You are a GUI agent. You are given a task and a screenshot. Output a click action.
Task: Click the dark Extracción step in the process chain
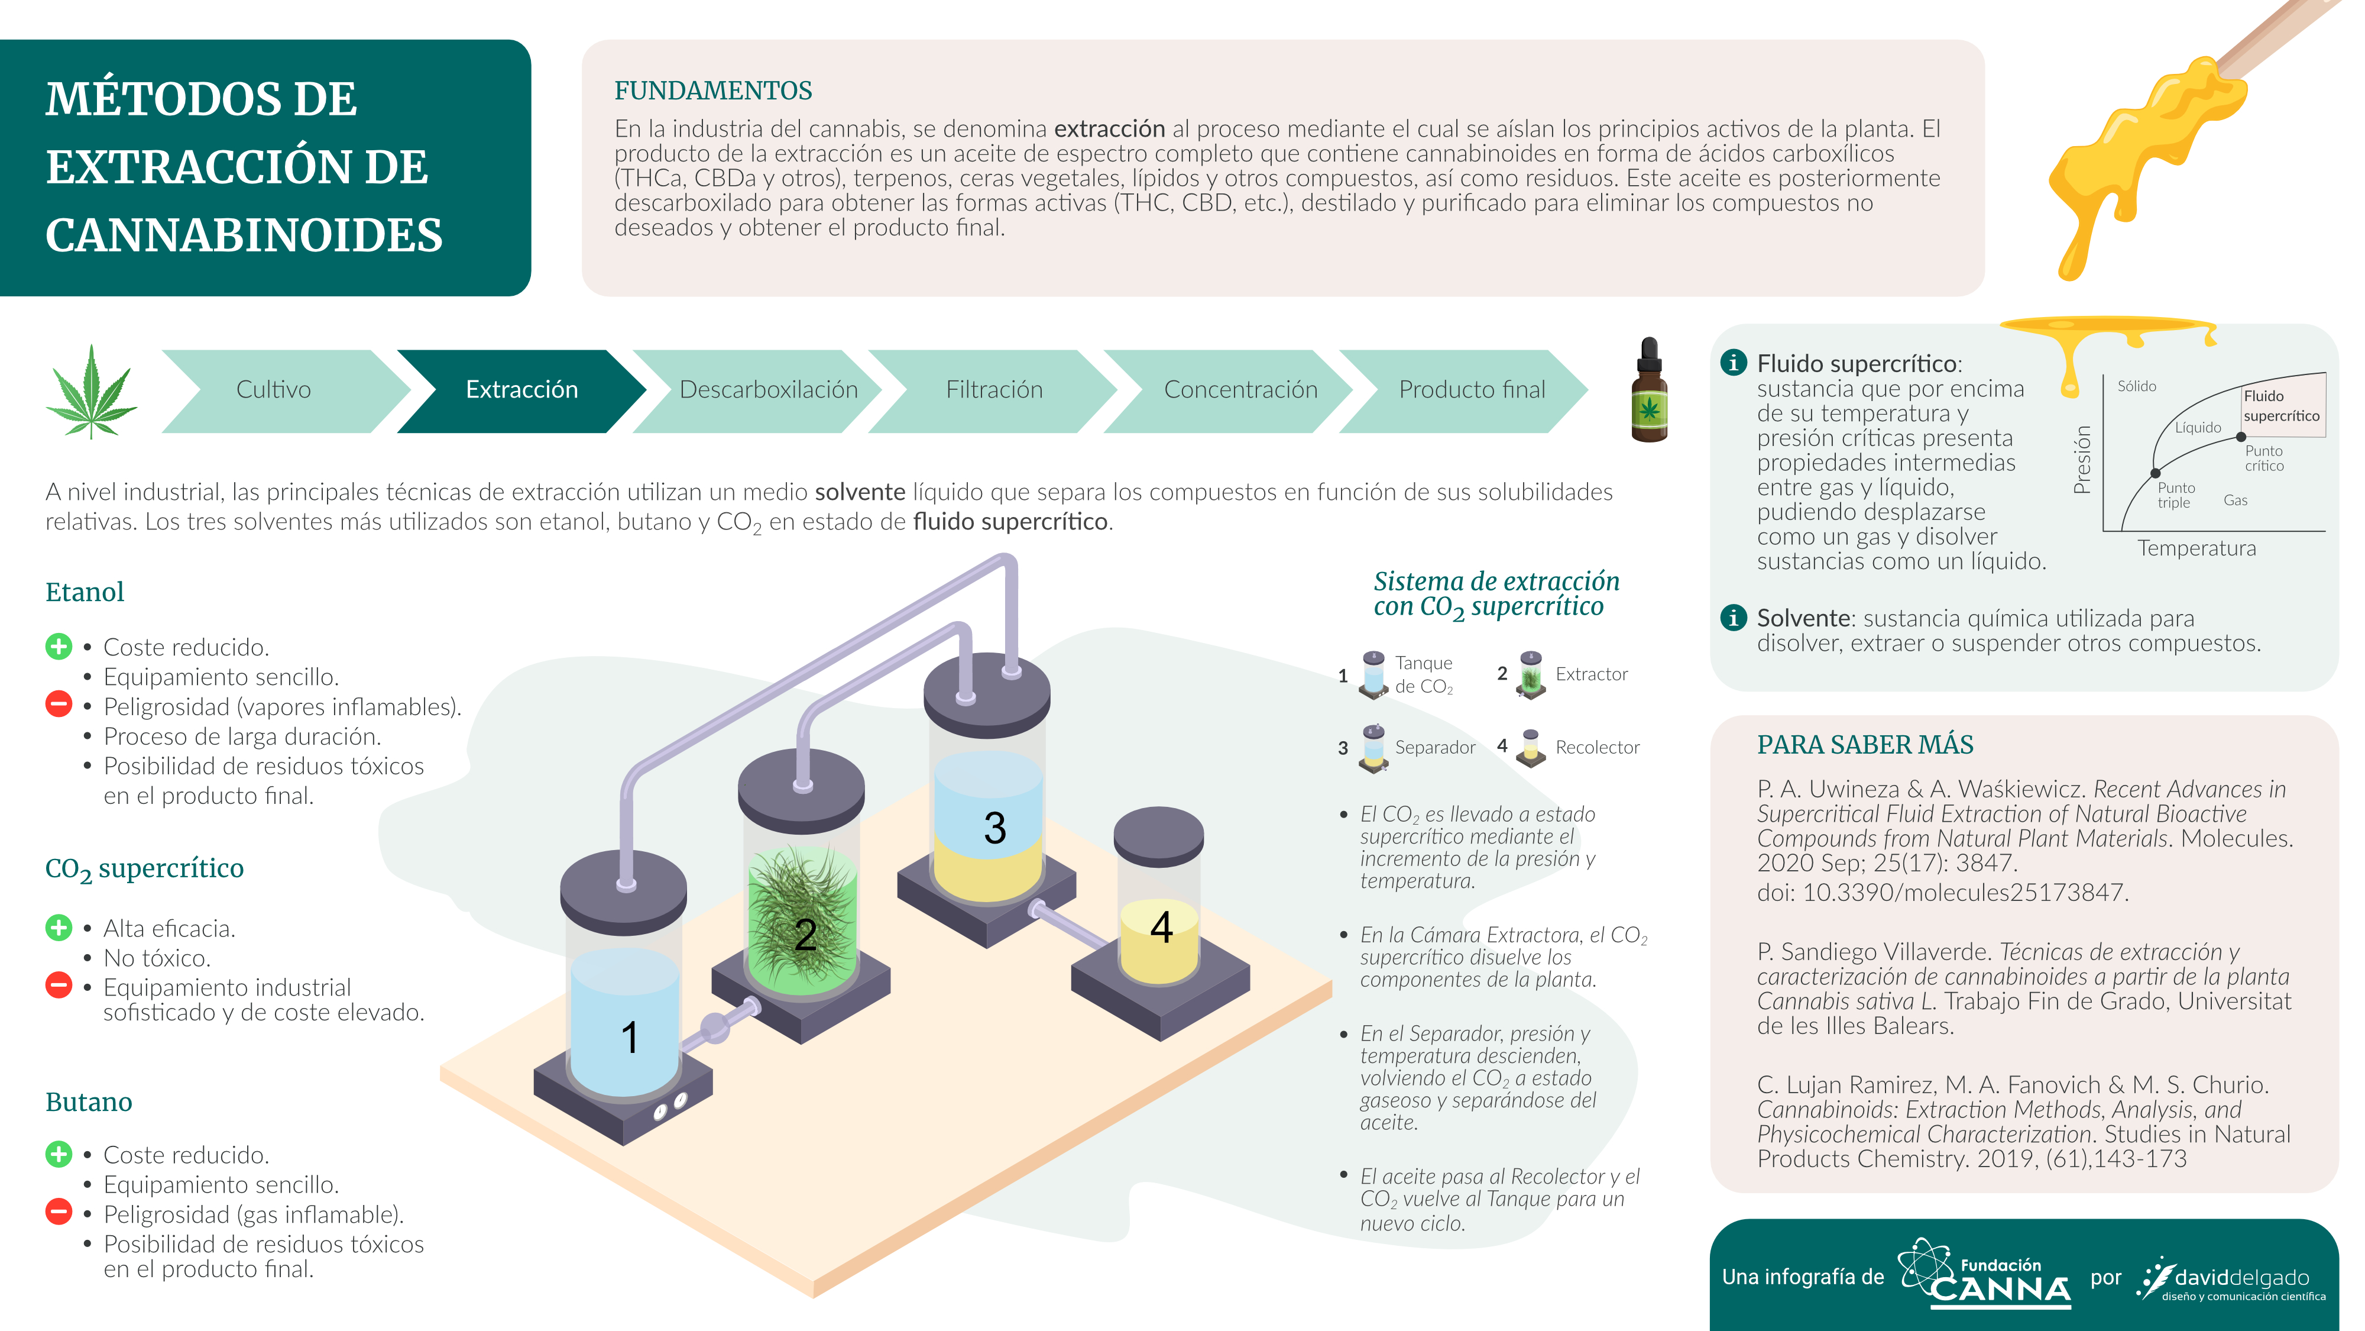521,390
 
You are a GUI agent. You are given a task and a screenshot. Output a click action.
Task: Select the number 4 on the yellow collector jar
1161,928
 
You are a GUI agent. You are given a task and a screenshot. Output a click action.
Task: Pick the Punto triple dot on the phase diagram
2155,474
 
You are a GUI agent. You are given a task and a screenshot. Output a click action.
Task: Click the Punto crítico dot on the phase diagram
2241,437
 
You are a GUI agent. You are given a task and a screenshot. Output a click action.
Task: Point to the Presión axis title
2082,459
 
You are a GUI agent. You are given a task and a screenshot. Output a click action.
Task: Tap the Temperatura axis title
2196,548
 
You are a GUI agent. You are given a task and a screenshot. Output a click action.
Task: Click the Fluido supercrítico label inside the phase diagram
2282,405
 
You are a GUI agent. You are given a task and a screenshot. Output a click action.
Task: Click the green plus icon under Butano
59,1155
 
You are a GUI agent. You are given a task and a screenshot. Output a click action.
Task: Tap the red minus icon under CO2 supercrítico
59,986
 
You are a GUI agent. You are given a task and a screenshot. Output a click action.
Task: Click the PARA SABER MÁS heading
1865,745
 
